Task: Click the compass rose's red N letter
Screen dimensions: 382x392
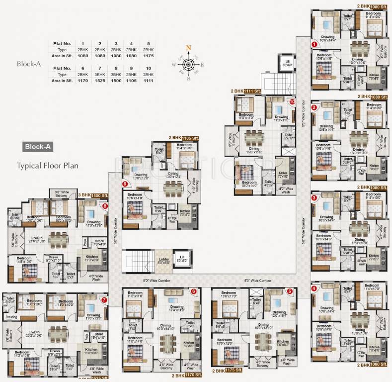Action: pos(188,48)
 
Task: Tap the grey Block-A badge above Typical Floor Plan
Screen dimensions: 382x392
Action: pos(38,147)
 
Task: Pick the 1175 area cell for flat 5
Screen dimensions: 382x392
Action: pos(148,56)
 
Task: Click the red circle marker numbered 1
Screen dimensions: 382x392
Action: pos(314,44)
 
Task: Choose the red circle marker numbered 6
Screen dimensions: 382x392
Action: pos(193,291)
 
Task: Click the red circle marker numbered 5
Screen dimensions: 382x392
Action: pos(289,291)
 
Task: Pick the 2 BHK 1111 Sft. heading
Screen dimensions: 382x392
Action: pos(246,92)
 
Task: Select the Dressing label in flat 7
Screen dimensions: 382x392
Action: pos(11,316)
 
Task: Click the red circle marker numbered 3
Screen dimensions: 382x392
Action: pos(314,197)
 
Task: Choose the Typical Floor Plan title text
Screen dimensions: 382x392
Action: pos(44,165)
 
